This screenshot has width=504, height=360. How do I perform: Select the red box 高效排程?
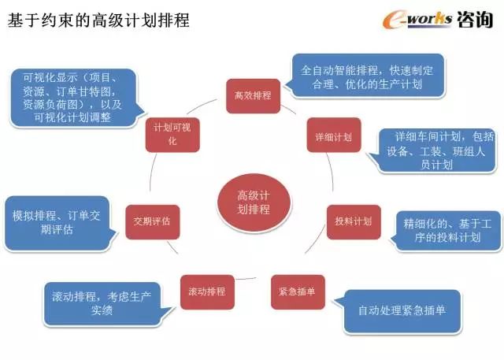pos(253,95)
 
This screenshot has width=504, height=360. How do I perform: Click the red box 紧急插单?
pos(297,291)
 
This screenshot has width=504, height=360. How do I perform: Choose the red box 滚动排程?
pos(207,291)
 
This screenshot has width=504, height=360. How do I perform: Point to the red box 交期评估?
pos(152,221)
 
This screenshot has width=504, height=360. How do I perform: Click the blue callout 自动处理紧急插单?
pos(402,310)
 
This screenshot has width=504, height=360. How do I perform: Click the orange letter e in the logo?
pos(391,20)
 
